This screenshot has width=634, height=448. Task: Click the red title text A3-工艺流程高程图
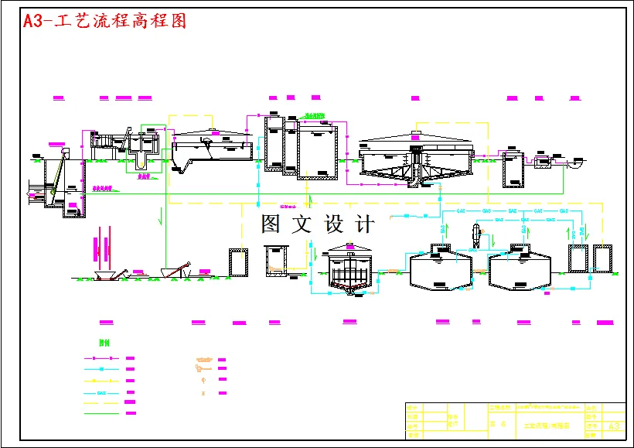pos(105,21)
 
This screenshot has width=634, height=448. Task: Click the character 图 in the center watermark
pos(271,224)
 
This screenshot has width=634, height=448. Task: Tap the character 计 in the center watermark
pos(364,224)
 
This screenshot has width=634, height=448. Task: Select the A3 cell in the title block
pos(615,426)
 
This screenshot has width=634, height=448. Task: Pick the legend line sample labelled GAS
pos(101,392)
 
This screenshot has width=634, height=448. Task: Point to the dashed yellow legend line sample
pos(101,403)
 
